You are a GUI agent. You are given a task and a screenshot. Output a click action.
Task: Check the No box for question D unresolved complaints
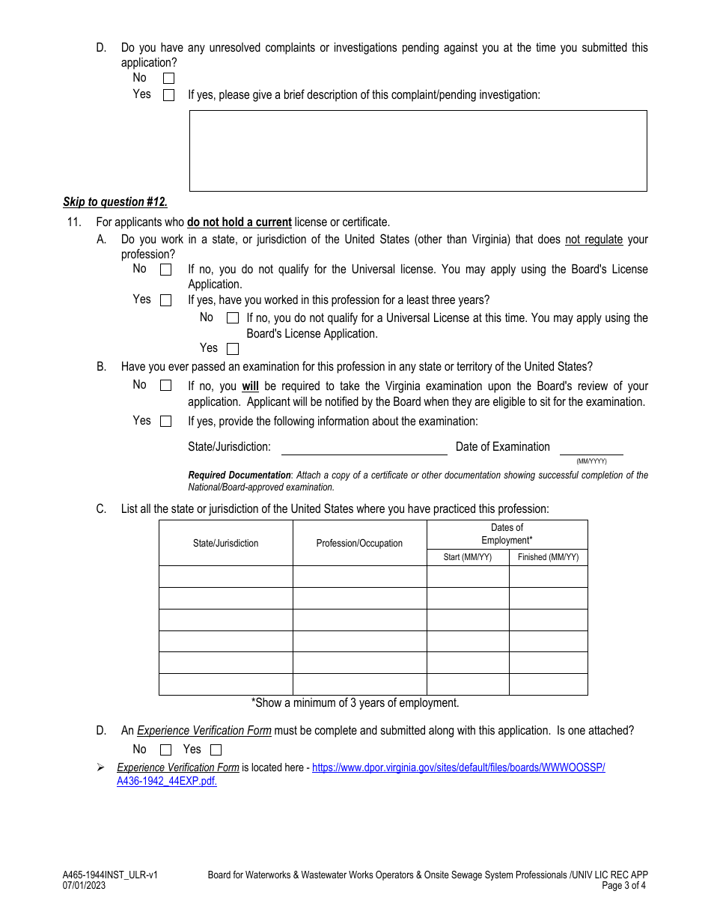pos(168,78)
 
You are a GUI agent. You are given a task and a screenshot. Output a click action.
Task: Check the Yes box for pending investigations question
pos(168,95)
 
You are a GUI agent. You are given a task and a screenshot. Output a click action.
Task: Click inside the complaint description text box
pos(418,151)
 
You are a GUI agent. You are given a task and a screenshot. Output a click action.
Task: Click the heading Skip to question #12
pos(115,202)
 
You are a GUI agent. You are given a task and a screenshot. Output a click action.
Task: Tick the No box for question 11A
pos(166,270)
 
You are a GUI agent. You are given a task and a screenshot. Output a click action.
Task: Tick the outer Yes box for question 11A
pos(166,300)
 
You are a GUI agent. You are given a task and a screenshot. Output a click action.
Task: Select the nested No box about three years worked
pos(233,318)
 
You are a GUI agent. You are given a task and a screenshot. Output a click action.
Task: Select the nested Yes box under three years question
pos(233,349)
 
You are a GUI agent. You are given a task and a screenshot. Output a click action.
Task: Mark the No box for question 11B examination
pos(166,386)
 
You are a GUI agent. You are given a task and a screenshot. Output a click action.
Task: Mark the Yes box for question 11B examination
pos(166,422)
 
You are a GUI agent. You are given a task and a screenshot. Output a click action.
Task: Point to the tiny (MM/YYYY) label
pos(591,461)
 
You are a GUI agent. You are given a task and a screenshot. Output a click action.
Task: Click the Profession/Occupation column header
pos(359,544)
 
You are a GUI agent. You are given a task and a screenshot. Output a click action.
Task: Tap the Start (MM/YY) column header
pos(468,557)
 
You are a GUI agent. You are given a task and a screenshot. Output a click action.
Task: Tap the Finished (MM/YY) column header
pos(548,557)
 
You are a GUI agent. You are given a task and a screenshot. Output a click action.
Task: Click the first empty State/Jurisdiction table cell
pos(225,577)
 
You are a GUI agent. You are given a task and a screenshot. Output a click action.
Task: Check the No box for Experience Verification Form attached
pos(166,750)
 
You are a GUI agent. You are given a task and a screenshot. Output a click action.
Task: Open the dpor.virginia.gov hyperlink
pos(458,768)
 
